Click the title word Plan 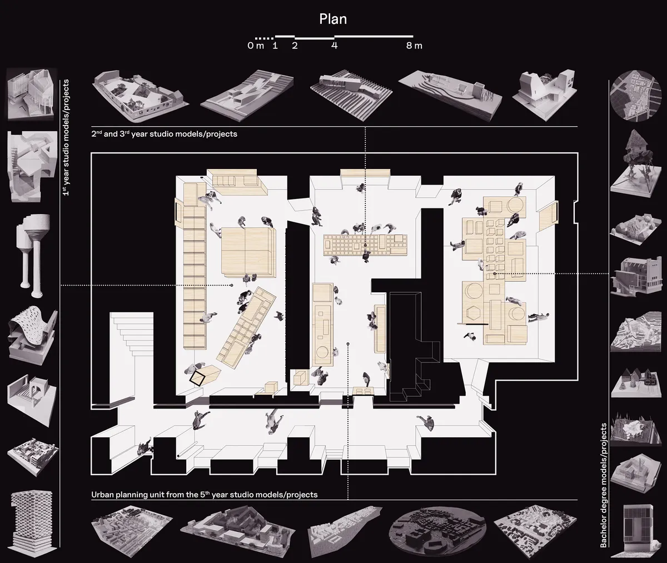click(333, 19)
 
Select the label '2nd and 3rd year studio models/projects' click(165, 134)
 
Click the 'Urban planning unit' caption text click(204, 494)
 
